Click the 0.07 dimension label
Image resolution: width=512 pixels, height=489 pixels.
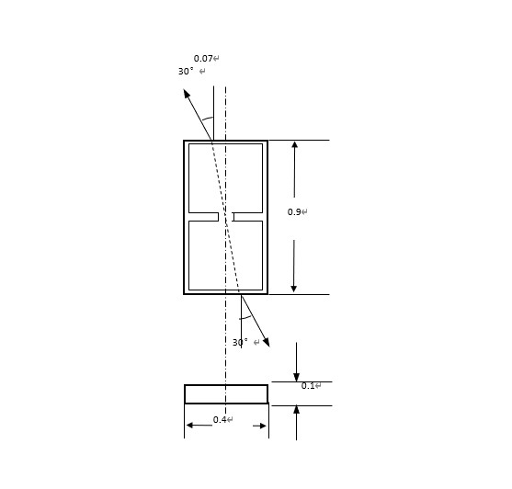(x=203, y=59)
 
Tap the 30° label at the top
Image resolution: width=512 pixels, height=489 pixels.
(x=186, y=71)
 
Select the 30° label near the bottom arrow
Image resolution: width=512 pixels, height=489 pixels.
(x=240, y=343)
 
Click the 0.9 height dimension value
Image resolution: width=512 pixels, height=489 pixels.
(x=294, y=211)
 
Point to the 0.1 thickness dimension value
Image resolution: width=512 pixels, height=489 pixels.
(x=308, y=386)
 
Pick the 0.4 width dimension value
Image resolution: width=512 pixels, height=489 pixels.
(x=220, y=420)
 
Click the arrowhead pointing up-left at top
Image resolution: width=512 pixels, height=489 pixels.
(x=187, y=94)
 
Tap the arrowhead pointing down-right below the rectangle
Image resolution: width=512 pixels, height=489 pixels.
(x=267, y=343)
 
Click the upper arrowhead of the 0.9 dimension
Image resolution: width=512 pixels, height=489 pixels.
(x=294, y=144)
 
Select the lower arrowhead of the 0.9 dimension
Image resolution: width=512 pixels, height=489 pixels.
(x=294, y=289)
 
